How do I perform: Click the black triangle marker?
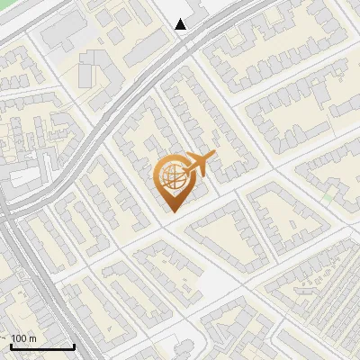[181, 24]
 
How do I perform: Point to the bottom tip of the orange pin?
[170, 211]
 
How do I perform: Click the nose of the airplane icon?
[213, 157]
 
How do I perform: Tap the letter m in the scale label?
[32, 338]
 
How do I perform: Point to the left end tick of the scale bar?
[12, 345]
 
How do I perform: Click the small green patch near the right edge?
[329, 193]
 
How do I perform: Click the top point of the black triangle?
[181, 19]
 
